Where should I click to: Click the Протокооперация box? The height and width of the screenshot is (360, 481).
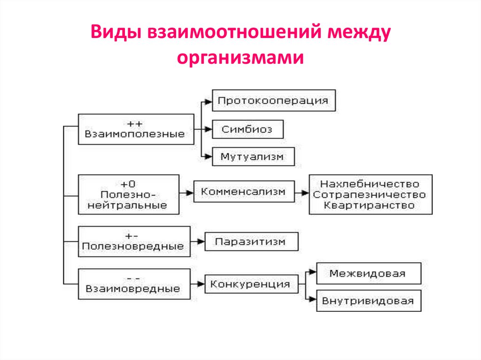pyautogui.click(x=274, y=100)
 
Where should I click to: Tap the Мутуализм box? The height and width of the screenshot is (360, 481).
pyautogui.click(x=252, y=157)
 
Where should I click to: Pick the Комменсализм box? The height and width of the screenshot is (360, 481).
pyautogui.click(x=244, y=191)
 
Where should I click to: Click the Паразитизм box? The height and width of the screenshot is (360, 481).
pyautogui.click(x=250, y=242)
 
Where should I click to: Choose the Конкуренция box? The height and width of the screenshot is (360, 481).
pyautogui.click(x=250, y=284)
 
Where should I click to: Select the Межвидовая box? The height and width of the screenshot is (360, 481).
pyautogui.click(x=368, y=273)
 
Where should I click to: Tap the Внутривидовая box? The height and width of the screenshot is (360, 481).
pyautogui.click(x=368, y=301)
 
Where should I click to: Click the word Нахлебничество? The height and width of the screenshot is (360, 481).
pyautogui.click(x=370, y=183)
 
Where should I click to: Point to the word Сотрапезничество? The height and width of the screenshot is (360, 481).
pyautogui.click(x=370, y=194)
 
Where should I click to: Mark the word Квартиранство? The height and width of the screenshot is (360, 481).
pyautogui.click(x=370, y=206)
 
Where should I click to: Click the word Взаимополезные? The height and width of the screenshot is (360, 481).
pyautogui.click(x=135, y=134)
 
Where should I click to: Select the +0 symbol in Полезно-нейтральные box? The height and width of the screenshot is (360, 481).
pyautogui.click(x=128, y=184)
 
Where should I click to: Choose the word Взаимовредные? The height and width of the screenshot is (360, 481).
pyautogui.click(x=133, y=289)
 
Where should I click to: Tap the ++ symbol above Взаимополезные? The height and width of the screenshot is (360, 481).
pyautogui.click(x=135, y=123)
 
